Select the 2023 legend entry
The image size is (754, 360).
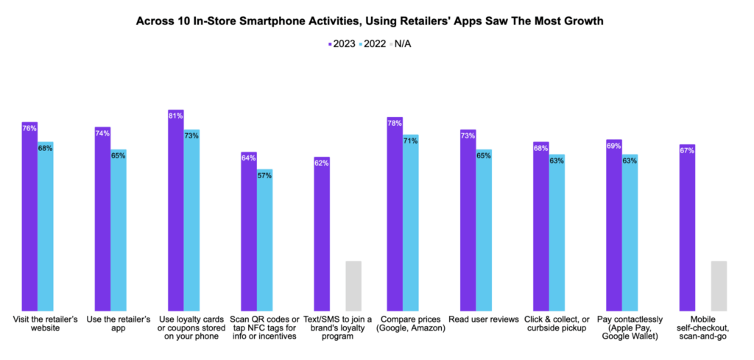pos(342,43)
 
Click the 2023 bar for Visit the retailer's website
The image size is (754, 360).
pos(29,221)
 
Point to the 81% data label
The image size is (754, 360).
pos(175,116)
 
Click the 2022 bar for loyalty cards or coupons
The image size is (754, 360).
pos(191,221)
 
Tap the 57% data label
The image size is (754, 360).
pos(264,175)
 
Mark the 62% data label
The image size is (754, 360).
pos(321,163)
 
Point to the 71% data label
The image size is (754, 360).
pos(410,141)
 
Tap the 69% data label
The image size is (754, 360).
pos(613,146)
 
